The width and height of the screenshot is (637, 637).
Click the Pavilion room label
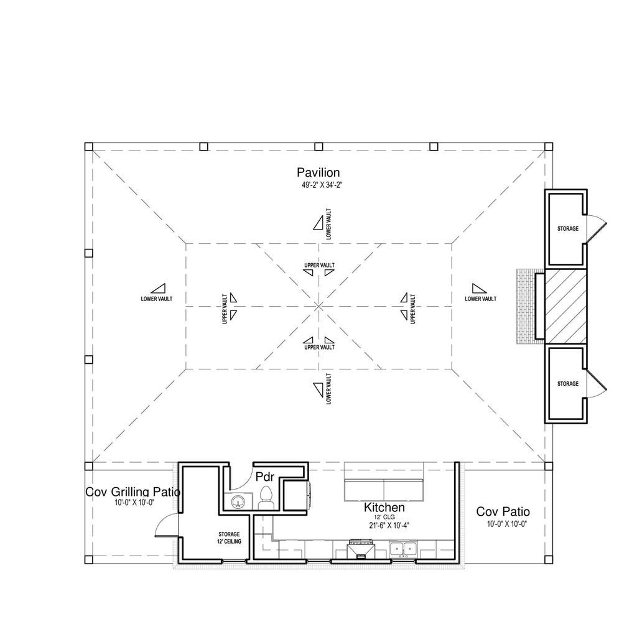pos(318,173)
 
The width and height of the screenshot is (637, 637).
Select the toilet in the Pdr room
pos(266,498)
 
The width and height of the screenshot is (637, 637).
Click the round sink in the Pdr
pos(237,502)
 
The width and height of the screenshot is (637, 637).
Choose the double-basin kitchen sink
pos(402,549)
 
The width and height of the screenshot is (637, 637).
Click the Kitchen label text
pos(384,508)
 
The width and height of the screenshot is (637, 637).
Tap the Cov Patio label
pos(503,511)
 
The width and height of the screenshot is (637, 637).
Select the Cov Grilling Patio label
pos(133,492)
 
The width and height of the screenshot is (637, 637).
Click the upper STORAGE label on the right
pos(567,229)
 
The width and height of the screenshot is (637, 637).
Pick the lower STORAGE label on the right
pos(567,383)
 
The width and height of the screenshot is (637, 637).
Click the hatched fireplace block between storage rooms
pos(565,307)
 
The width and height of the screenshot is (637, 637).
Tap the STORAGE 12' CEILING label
pos(229,538)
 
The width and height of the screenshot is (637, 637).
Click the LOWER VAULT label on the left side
pos(157,299)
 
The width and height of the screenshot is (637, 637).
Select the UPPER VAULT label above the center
pos(319,265)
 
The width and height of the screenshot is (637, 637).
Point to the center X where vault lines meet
pos(319,306)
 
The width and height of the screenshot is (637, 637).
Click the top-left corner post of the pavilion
pos(88,147)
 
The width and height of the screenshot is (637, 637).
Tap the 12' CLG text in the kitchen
pos(384,517)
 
